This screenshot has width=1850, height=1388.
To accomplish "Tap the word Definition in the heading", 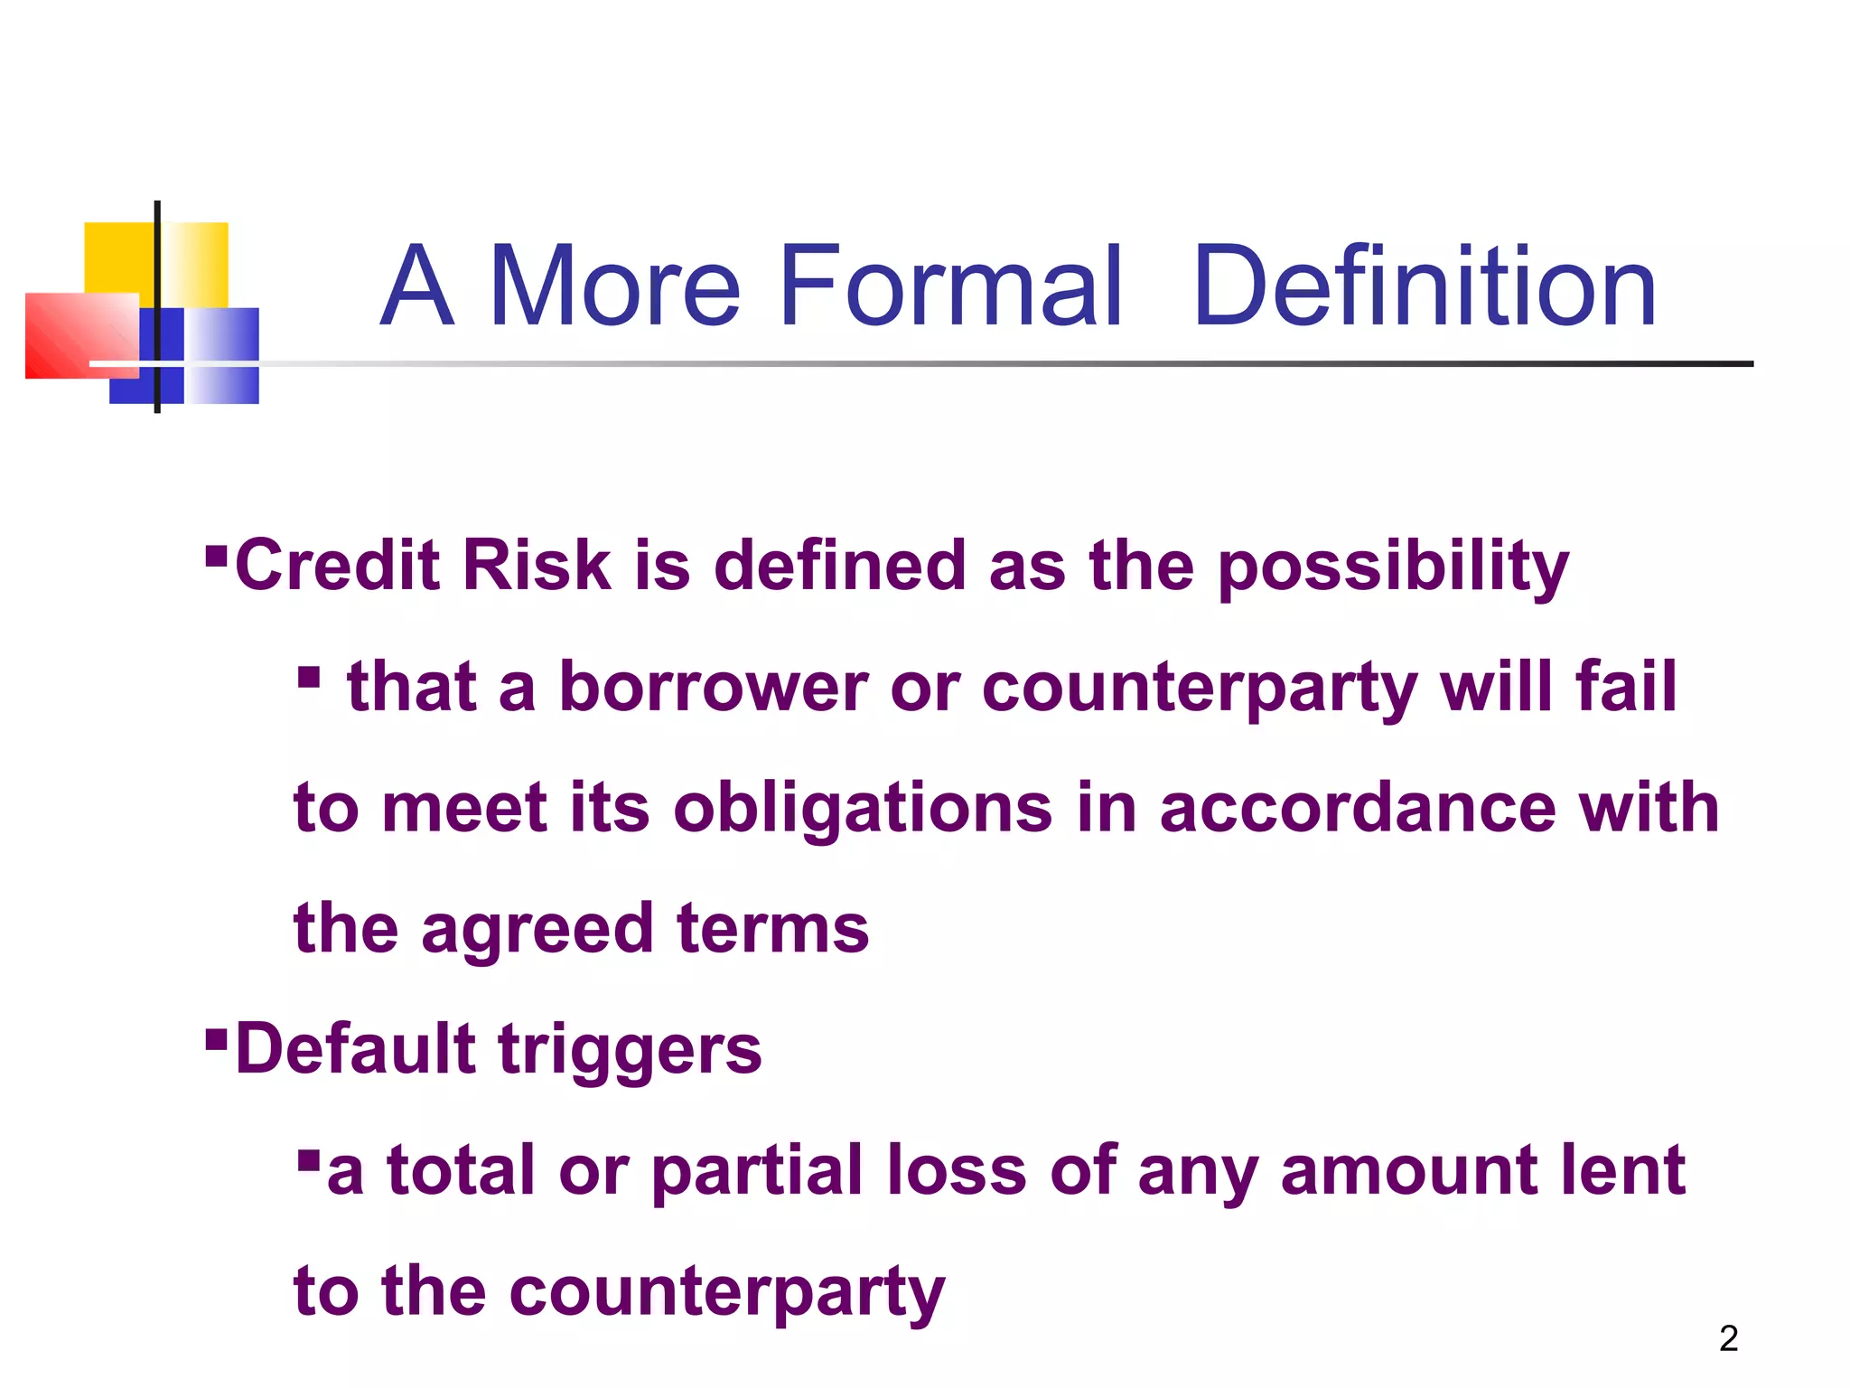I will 1425,286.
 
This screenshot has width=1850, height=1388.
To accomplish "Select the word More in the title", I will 614,286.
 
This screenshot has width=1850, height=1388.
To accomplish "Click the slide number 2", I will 1728,1338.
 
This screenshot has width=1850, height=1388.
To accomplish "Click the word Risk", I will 537,565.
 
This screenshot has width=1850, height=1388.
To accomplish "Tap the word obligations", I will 863,809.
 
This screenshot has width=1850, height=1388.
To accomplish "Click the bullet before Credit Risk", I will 216,554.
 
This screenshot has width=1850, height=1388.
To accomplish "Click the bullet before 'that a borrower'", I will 308,677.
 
